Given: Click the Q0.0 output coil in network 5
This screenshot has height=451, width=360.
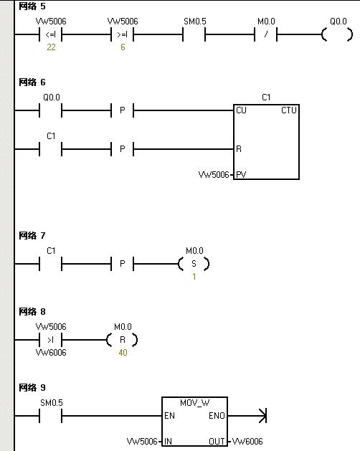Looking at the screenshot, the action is pos(324,34).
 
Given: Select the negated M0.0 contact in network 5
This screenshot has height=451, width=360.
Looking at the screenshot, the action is pos(265,34).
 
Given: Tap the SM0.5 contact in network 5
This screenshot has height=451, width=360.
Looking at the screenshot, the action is pos(194,34).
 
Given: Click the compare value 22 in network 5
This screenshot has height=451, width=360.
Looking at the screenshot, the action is pos(51,47).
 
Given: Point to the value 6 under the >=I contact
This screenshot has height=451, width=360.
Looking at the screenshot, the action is pos(123,47).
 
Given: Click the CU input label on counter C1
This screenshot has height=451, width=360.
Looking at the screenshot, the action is pos(241,110).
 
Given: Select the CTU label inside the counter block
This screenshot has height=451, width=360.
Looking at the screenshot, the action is pos(289,110).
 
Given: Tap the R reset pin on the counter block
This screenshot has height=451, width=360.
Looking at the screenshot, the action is pos(239,149).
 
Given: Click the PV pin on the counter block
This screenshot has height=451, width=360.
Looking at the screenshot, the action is pos(241,174).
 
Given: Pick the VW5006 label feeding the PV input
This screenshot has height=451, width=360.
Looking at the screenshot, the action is pos(214,174).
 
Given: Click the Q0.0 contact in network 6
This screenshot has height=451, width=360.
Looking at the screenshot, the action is pos(51,110).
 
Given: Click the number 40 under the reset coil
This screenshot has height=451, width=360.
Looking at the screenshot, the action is pos(123,352).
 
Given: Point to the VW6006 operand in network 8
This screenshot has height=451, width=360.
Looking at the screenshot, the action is pos(51,352).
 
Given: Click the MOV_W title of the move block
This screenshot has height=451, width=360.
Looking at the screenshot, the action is pos(195,403).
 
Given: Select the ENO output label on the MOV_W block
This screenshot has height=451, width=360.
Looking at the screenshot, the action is pos(217,416).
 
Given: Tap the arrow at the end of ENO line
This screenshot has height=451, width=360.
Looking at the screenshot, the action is pos(262,416).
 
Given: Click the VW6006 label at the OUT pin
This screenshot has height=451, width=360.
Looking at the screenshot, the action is pos(247,441).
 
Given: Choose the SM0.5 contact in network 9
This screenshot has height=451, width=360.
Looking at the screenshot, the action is pos(51,416).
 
